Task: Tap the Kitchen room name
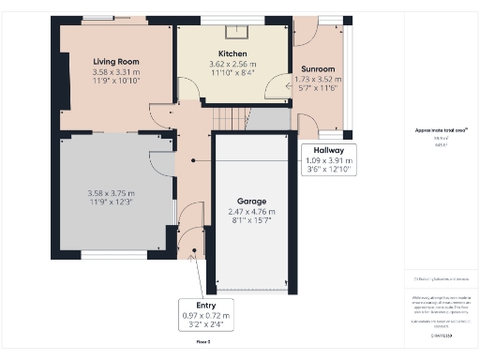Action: (232, 53)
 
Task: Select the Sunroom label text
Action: (318, 69)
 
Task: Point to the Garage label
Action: (250, 202)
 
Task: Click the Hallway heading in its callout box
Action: (322, 150)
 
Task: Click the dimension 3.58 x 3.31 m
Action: (115, 72)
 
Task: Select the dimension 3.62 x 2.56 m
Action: (232, 64)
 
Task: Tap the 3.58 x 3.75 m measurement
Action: (115, 193)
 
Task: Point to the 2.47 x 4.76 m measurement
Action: (250, 212)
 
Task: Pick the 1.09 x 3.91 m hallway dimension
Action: (322, 160)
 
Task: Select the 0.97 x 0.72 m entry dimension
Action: (205, 316)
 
